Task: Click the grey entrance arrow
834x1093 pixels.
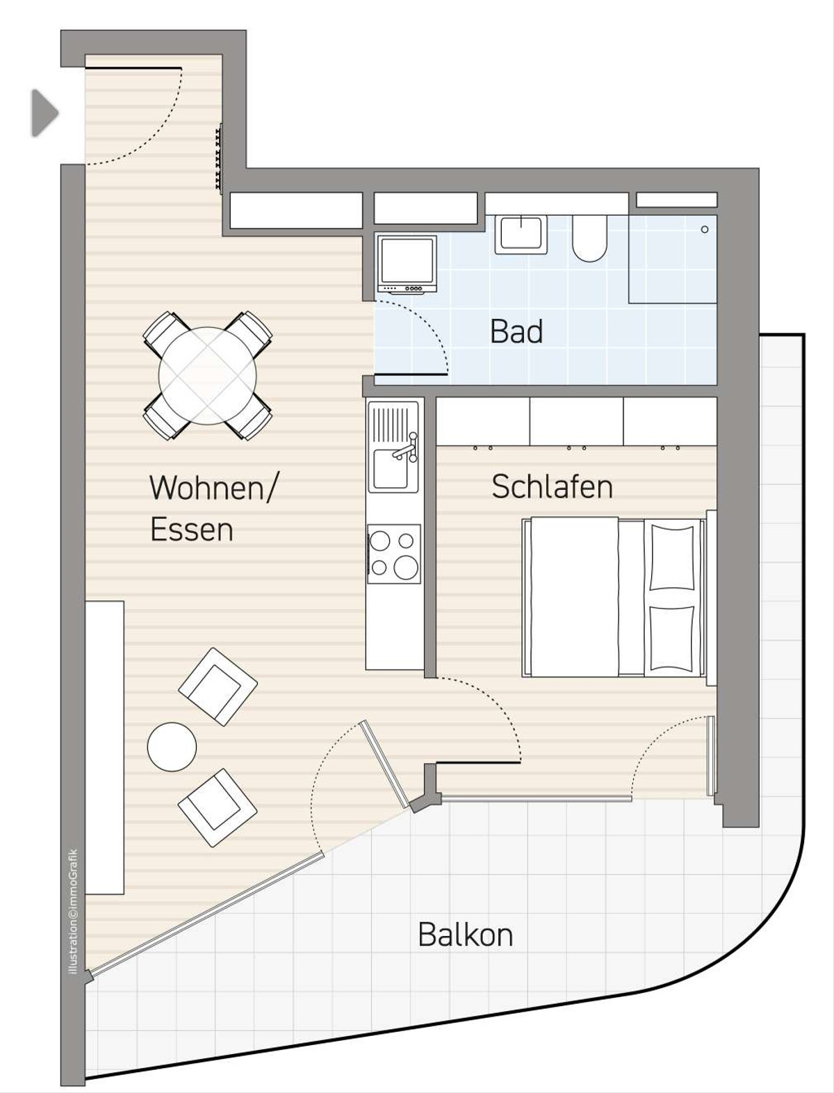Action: pos(44,113)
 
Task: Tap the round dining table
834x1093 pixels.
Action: pos(208,376)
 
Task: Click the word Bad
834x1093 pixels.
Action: pos(516,331)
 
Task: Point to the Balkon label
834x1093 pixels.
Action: pos(466,935)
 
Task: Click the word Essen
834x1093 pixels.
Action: pos(192,529)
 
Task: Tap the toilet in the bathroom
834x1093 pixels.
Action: pos(589,238)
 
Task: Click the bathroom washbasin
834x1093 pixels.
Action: pos(521,235)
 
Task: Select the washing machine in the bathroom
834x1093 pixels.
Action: pos(407,265)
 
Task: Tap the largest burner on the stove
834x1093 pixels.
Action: pos(407,566)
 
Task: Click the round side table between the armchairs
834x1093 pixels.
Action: pos(172,747)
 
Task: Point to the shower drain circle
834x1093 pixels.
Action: pos(705,229)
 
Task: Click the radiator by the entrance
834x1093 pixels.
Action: pos(218,157)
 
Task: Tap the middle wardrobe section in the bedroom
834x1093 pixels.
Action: pos(577,421)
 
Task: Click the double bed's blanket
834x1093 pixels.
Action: pos(574,597)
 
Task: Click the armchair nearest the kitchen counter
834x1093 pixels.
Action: pos(218,687)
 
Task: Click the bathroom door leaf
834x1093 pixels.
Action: pos(411,373)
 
